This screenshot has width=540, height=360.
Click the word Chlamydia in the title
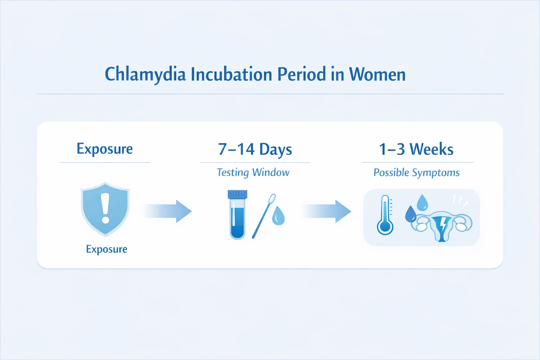pyautogui.click(x=145, y=75)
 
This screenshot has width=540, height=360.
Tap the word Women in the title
pyautogui.click(x=377, y=75)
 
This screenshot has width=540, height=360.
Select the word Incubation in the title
pyautogui.click(x=232, y=75)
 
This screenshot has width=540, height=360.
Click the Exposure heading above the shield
pyautogui.click(x=105, y=149)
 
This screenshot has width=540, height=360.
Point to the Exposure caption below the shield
pyautogui.click(x=107, y=249)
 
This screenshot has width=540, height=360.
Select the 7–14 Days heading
pyautogui.click(x=255, y=149)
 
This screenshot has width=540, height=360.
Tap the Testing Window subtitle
pyautogui.click(x=253, y=172)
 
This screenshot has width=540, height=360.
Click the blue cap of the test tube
pyautogui.click(x=237, y=194)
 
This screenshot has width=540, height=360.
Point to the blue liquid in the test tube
pyautogui.click(x=237, y=223)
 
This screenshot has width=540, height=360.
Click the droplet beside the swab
pyautogui.click(x=278, y=216)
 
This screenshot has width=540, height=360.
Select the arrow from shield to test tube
pyautogui.click(x=168, y=211)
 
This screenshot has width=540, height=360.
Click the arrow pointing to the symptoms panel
pyautogui.click(x=327, y=211)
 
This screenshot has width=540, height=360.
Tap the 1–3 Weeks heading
pyautogui.click(x=416, y=149)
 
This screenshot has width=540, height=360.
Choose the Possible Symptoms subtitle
pyautogui.click(x=416, y=173)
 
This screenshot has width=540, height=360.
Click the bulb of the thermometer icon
pyautogui.click(x=385, y=227)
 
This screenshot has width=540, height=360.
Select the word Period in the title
pyautogui.click(x=301, y=75)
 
